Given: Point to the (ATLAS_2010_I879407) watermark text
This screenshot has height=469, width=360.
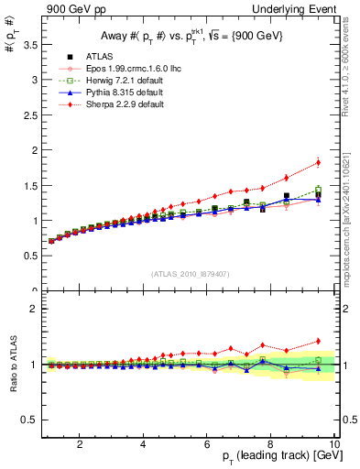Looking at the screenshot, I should tap(190, 273).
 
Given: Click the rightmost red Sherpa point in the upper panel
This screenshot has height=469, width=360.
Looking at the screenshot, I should tap(318, 163).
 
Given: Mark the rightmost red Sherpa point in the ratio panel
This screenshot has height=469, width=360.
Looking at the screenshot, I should tap(318, 341).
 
